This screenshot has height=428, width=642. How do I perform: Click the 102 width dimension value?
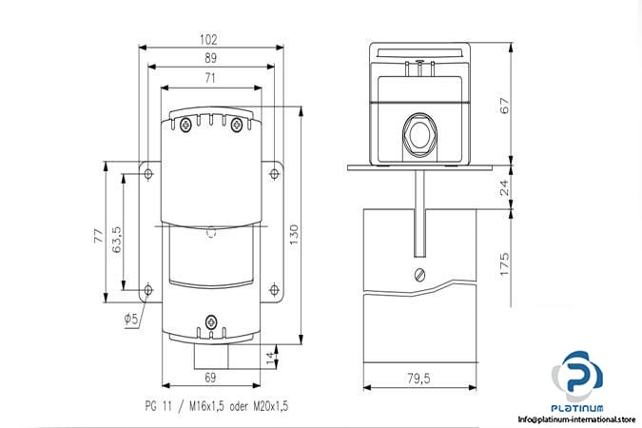pyautogui.click(x=208, y=40)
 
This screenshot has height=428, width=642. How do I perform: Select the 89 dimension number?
pyautogui.click(x=210, y=58)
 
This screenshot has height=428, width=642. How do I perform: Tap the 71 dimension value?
pyautogui.click(x=210, y=78)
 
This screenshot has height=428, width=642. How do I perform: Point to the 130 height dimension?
pyautogui.click(x=295, y=235)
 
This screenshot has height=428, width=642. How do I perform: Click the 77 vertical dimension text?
pyautogui.click(x=99, y=236)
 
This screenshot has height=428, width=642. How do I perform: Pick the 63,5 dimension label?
pyautogui.click(x=117, y=240)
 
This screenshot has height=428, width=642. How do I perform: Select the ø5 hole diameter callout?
pyautogui.click(x=131, y=319)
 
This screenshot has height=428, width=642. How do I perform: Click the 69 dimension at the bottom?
pyautogui.click(x=210, y=378)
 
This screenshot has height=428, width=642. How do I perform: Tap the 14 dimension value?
pyautogui.click(x=271, y=358)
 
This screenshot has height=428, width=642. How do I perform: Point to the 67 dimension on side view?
pyautogui.click(x=505, y=106)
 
